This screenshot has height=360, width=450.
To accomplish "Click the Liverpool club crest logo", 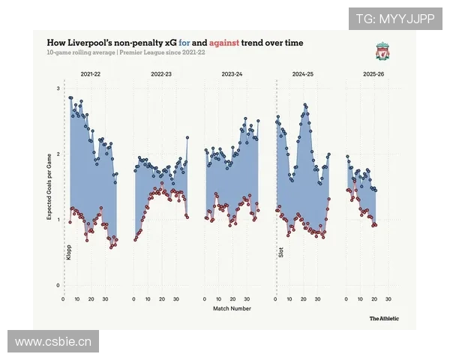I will click(x=382, y=52).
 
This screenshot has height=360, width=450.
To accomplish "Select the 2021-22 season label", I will click(x=92, y=75).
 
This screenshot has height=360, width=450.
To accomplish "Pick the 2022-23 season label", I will click(x=161, y=75).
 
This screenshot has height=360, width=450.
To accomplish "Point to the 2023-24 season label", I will click(x=232, y=75).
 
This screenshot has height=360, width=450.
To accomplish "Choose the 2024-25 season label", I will click(x=304, y=75).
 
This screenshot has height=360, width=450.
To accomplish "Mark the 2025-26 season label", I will click(x=374, y=75).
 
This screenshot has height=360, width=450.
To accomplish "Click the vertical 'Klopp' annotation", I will click(x=68, y=253).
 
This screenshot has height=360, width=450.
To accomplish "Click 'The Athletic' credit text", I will click(x=384, y=319).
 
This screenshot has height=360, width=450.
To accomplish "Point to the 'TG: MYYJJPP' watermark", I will click(x=394, y=18).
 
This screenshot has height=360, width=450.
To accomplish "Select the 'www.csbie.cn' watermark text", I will click(x=53, y=343).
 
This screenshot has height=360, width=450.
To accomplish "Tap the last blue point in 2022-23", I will click(x=187, y=137).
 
